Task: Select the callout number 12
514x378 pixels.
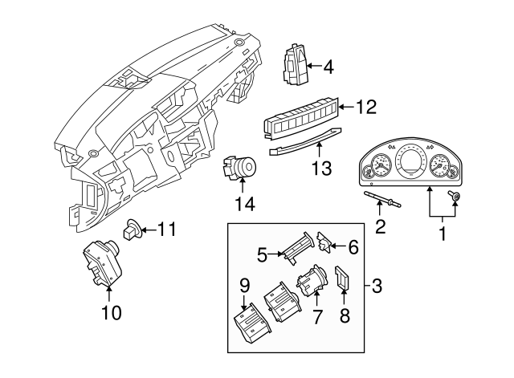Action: pos(365,105)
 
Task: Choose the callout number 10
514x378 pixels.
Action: pos(112,312)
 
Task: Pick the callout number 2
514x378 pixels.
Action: pos(381,227)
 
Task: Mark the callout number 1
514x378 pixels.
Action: pos(441,236)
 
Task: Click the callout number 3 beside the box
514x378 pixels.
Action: pos(377,284)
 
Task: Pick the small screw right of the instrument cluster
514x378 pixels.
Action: pos(456,197)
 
